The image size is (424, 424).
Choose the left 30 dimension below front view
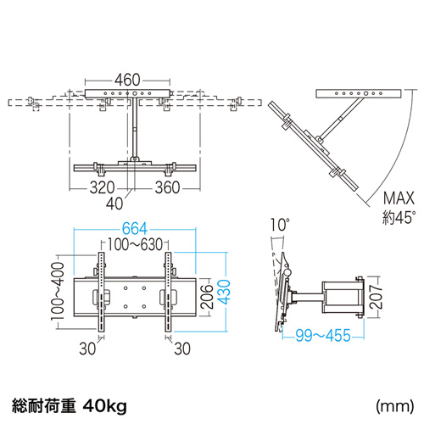[x=87, y=348]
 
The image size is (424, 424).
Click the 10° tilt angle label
[x=281, y=226]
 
